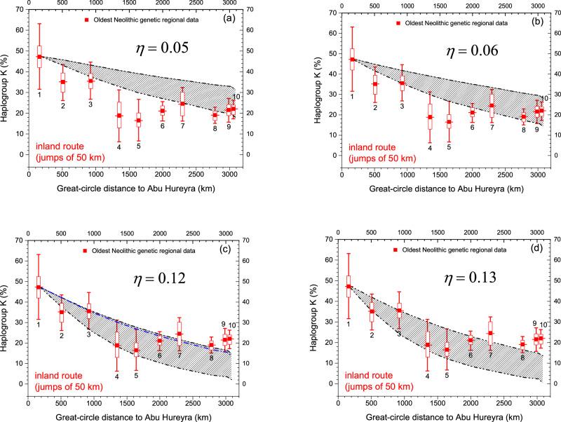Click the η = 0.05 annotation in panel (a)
(x=166, y=50)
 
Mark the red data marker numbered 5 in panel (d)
(x=447, y=349)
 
